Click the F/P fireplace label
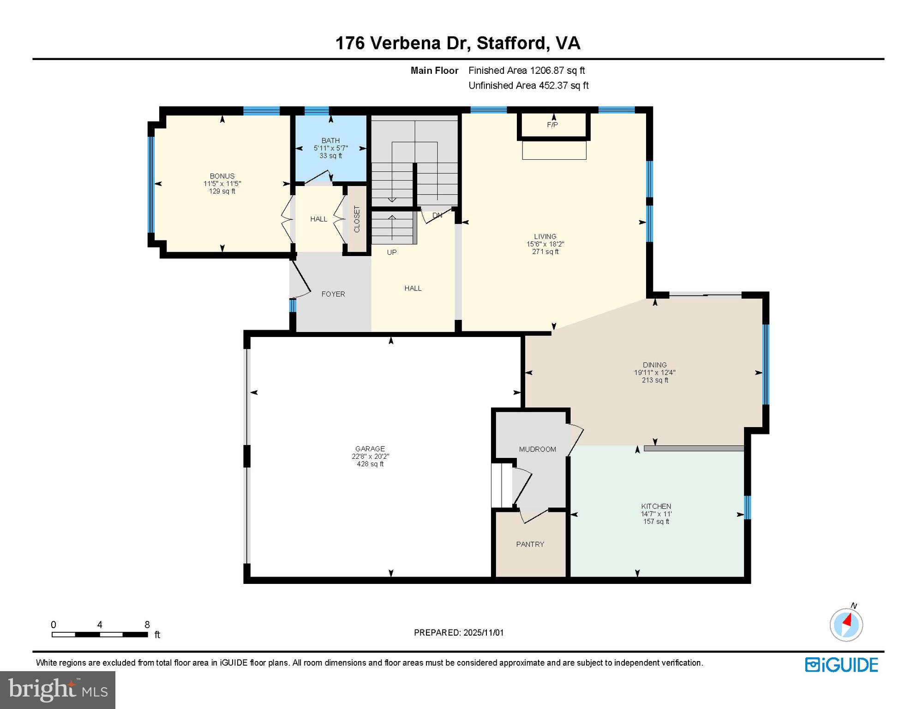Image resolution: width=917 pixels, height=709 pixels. [552, 125]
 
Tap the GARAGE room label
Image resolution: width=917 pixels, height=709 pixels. [370, 449]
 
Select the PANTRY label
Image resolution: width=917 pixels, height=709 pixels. [530, 544]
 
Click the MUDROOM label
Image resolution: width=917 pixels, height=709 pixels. [537, 449]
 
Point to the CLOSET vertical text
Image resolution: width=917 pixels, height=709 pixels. [357, 219]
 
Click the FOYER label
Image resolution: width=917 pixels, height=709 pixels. [333, 294]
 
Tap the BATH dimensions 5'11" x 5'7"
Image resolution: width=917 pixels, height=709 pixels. [330, 148]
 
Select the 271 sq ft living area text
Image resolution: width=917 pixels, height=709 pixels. [545, 252]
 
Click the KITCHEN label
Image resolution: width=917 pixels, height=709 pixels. [656, 506]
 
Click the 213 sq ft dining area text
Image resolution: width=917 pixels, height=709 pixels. [654, 380]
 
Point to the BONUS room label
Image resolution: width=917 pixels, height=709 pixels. [222, 176]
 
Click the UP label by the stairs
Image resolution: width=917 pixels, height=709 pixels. [392, 252]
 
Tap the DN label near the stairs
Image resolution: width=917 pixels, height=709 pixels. [437, 215]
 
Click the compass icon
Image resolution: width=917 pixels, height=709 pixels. [846, 625]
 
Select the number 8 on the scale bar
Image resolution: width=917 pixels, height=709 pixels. [147, 625]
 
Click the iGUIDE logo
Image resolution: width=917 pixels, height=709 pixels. [841, 665]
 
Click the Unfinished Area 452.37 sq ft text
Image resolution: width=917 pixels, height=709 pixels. [528, 85]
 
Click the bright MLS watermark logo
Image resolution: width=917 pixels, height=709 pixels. [58, 690]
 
